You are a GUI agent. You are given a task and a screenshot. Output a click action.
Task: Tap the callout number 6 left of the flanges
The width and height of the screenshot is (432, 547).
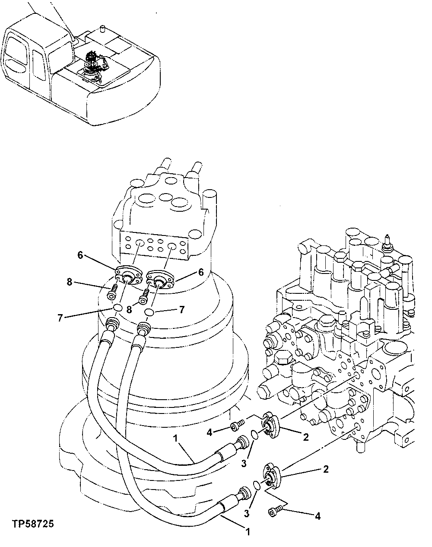(80, 255)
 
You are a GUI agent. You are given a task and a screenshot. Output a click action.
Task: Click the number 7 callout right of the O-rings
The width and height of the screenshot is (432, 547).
(182, 310)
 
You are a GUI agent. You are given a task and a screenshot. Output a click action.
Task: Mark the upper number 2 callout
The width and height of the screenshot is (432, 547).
(306, 437)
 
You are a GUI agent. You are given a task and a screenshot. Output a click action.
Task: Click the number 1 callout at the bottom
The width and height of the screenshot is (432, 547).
(248, 532)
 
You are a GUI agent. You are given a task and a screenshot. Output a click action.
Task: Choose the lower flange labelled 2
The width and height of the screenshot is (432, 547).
(271, 475)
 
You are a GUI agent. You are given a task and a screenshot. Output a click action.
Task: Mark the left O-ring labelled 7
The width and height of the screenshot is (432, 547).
(117, 308)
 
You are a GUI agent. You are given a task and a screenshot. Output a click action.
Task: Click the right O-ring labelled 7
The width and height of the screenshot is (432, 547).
(149, 312)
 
